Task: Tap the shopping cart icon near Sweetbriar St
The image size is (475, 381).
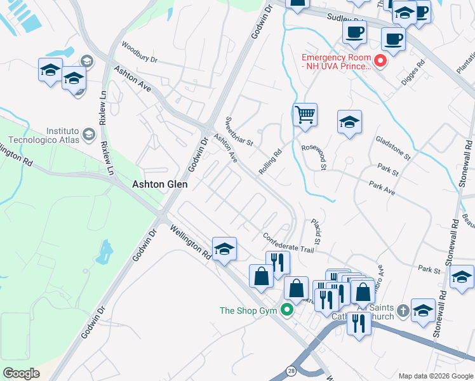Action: click(305, 116)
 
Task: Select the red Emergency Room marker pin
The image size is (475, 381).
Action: click(380, 61)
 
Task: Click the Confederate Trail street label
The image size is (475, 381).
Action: click(289, 243)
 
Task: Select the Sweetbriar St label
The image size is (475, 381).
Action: click(239, 131)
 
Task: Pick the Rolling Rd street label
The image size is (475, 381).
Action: click(270, 162)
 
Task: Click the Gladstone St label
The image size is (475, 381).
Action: click(393, 147)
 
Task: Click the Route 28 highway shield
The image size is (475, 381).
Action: click(290, 369)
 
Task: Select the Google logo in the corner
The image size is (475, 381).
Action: click(21, 373)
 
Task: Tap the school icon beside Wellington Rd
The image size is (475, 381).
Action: click(224, 250)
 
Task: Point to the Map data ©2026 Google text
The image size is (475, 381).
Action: click(435, 376)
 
